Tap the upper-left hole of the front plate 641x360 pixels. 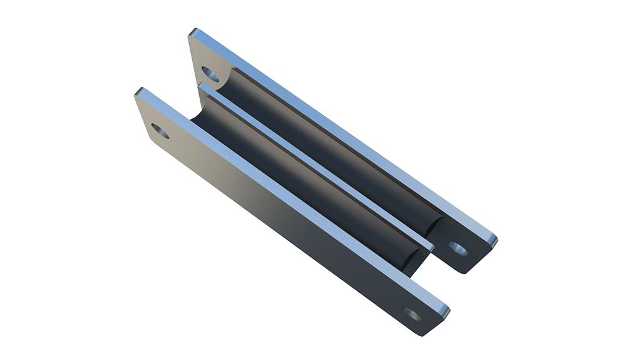(160, 132)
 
